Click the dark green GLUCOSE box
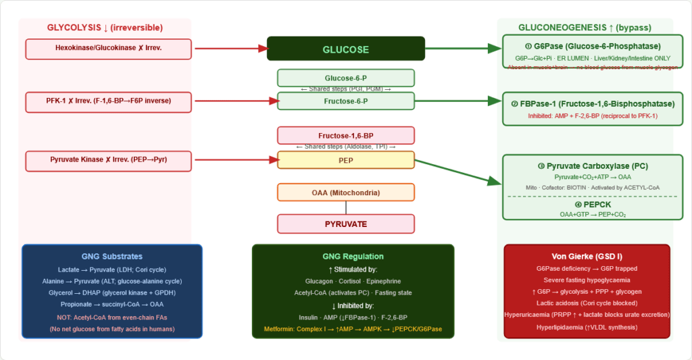point(345,49)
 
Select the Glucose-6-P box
point(345,78)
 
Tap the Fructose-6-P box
point(345,101)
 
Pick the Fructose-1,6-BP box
point(345,136)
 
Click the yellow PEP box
point(345,160)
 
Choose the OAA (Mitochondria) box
point(345,192)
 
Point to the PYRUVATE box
point(345,224)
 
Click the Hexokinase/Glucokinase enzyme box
point(108,49)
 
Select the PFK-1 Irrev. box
point(108,101)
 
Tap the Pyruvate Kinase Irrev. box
point(108,160)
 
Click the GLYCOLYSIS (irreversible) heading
point(105,28)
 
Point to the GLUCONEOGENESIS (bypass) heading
point(585,28)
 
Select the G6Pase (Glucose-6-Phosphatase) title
point(591,47)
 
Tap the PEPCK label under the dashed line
point(592,204)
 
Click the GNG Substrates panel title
point(112,257)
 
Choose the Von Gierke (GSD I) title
point(587,256)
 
